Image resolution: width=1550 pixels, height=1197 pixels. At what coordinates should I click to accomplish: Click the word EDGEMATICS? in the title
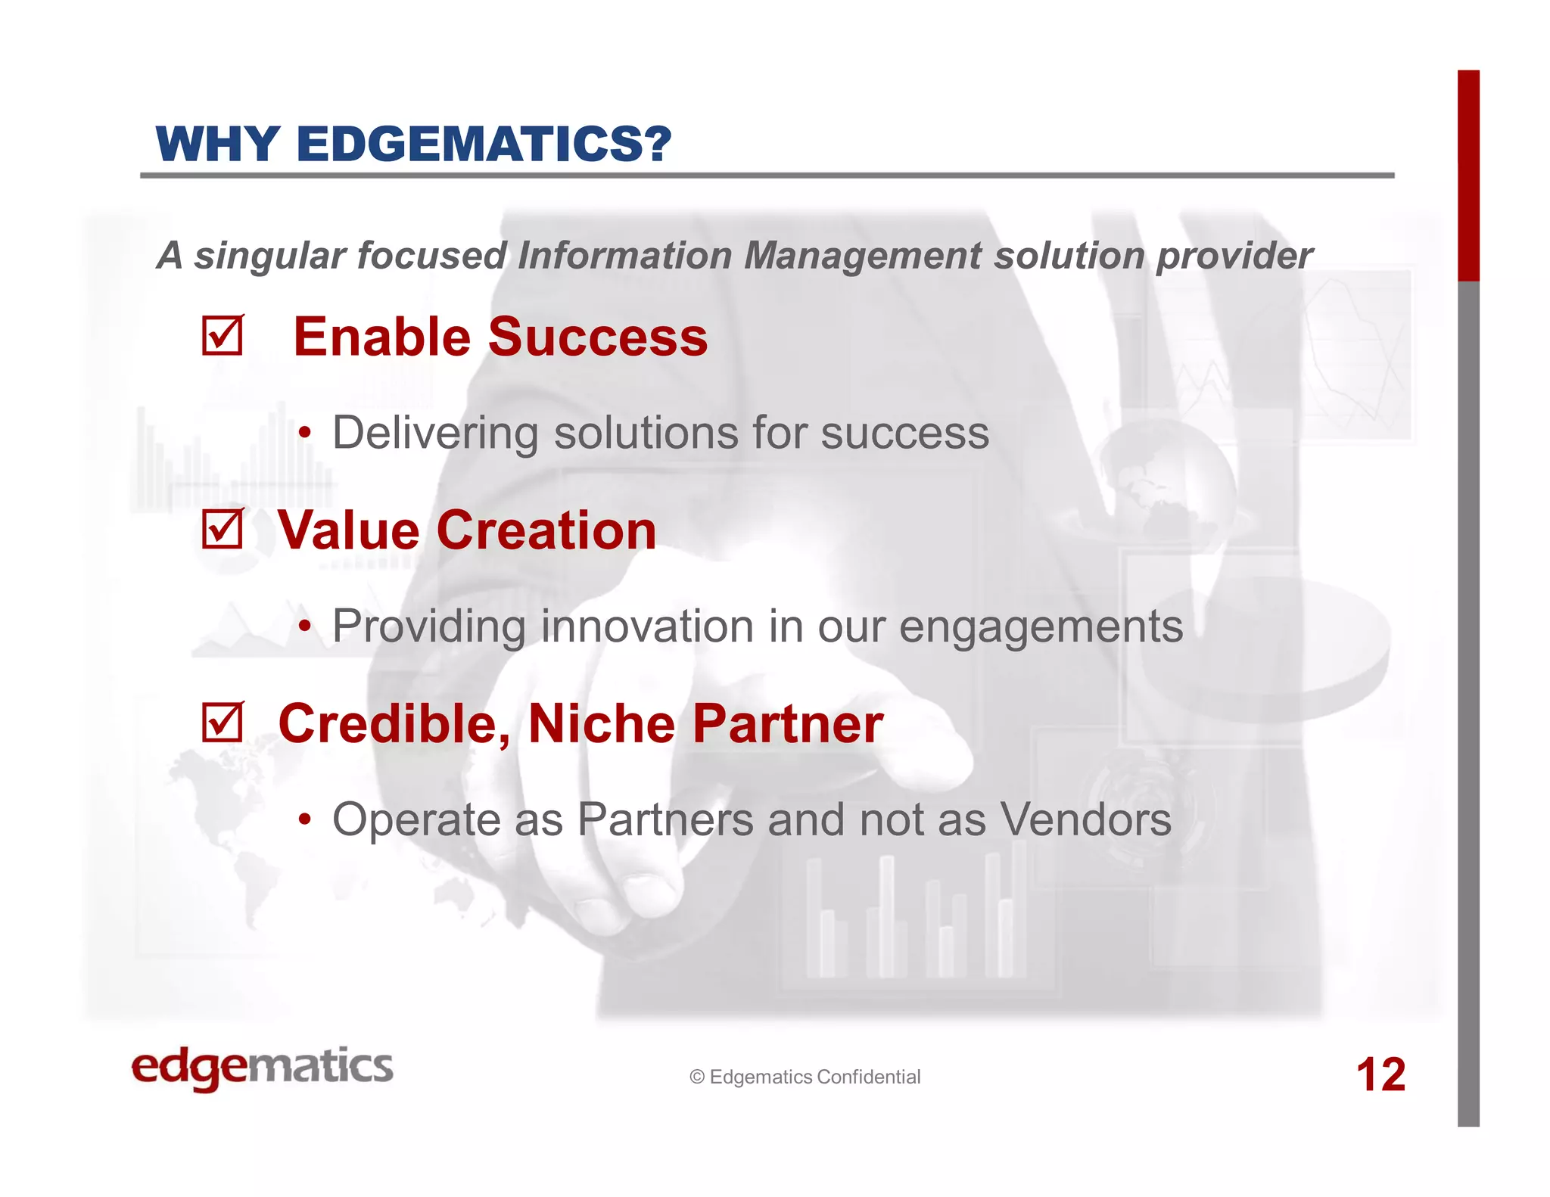click(x=484, y=144)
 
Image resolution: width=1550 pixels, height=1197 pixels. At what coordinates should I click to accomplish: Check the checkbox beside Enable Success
click(x=222, y=336)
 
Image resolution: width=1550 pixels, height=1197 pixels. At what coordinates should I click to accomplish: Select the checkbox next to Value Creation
click(x=222, y=528)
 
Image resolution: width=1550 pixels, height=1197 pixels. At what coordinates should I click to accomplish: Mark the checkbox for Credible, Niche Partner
click(x=222, y=723)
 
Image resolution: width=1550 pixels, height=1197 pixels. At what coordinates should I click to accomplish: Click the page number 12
click(x=1380, y=1074)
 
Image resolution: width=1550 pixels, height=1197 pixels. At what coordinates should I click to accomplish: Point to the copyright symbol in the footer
click(x=697, y=1077)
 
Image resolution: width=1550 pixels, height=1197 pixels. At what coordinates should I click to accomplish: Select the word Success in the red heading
click(x=598, y=337)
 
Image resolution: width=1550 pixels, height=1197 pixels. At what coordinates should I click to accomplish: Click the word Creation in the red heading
click(x=546, y=530)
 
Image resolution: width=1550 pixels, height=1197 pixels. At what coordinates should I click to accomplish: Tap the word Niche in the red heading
click(x=601, y=723)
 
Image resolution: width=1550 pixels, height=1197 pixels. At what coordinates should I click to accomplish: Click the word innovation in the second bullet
click(x=648, y=626)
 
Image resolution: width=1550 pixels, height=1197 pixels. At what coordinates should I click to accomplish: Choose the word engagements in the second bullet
click(x=1041, y=628)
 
